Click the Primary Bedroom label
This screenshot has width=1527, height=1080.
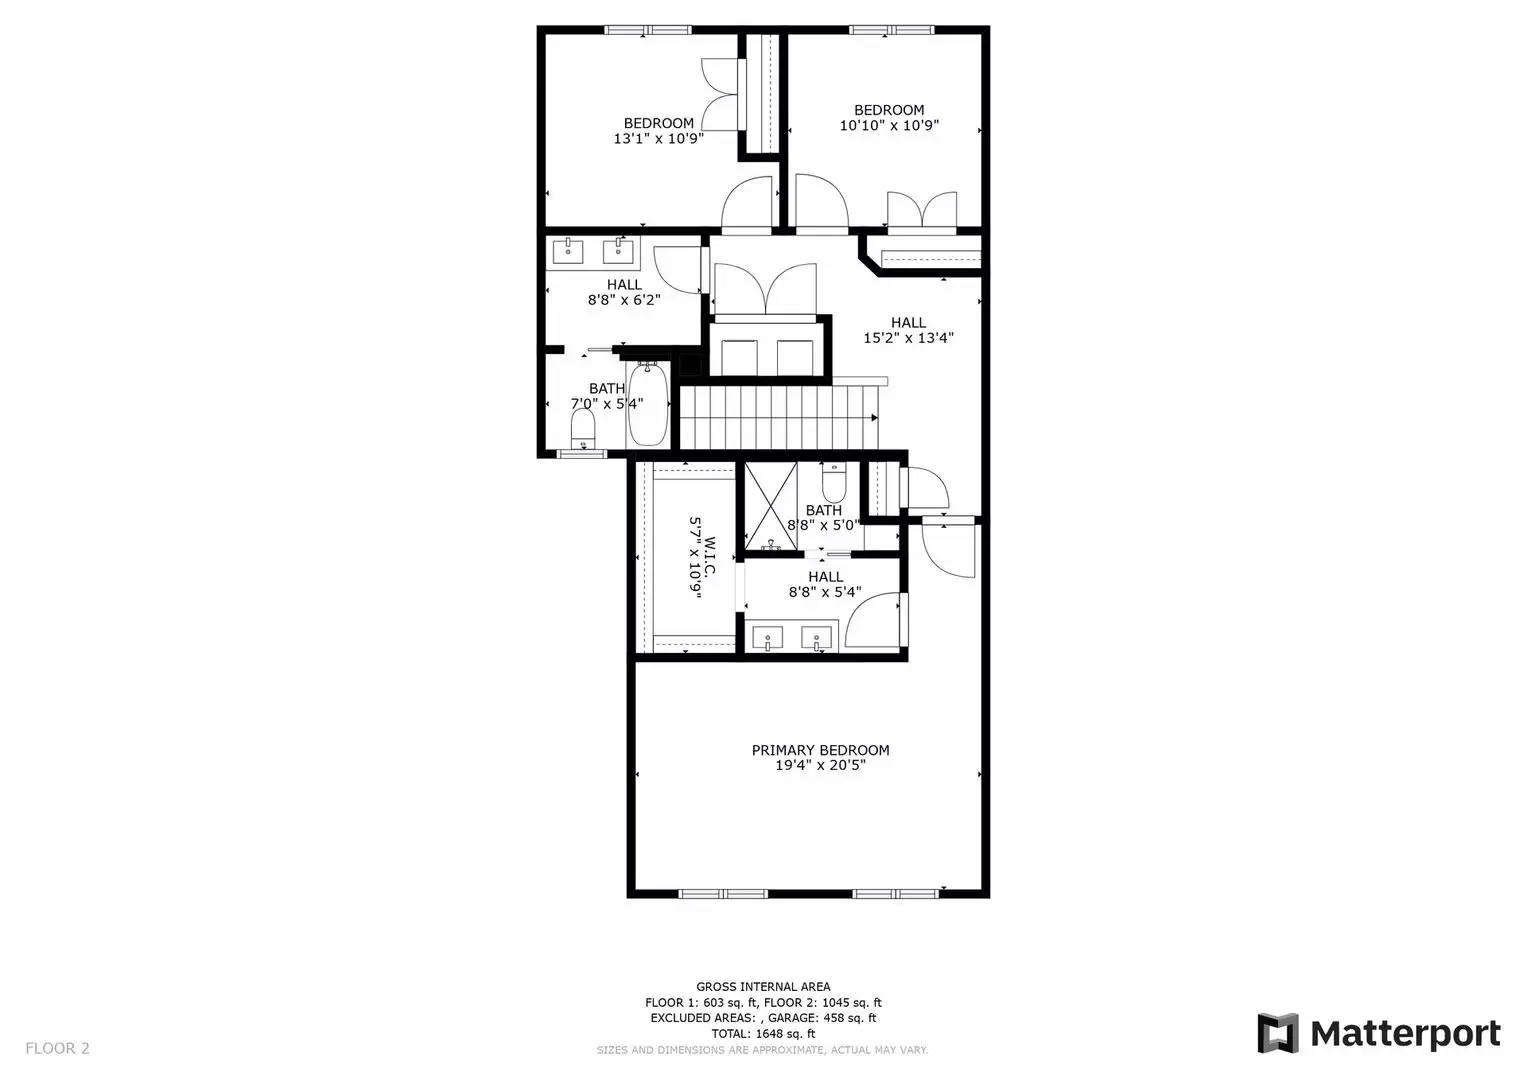pyautogui.click(x=820, y=750)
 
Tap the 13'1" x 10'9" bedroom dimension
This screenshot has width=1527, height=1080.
pyautogui.click(x=658, y=139)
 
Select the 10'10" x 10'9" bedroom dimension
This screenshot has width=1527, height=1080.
pyautogui.click(x=889, y=126)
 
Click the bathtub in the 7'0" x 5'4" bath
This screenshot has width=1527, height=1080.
pyautogui.click(x=647, y=406)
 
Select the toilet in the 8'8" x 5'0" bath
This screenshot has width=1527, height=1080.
pyautogui.click(x=834, y=485)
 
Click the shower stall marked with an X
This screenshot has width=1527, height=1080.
pyautogui.click(x=772, y=506)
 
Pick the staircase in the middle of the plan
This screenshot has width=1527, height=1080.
pyautogui.click(x=779, y=417)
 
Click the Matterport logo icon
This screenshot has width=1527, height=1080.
pyautogui.click(x=1277, y=1033)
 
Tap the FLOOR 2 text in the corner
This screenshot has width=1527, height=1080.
pyautogui.click(x=57, y=1048)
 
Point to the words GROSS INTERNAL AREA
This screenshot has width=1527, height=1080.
pyautogui.click(x=763, y=987)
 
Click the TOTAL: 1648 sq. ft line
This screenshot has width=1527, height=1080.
pyautogui.click(x=763, y=1033)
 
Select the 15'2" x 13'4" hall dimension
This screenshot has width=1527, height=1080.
pyautogui.click(x=908, y=338)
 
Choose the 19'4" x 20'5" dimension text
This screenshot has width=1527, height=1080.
pyautogui.click(x=820, y=765)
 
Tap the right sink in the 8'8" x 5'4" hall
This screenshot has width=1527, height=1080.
pyautogui.click(x=818, y=637)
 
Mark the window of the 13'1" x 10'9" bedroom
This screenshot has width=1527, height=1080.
pyautogui.click(x=648, y=30)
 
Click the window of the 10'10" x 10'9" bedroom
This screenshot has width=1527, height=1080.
pyautogui.click(x=892, y=30)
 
